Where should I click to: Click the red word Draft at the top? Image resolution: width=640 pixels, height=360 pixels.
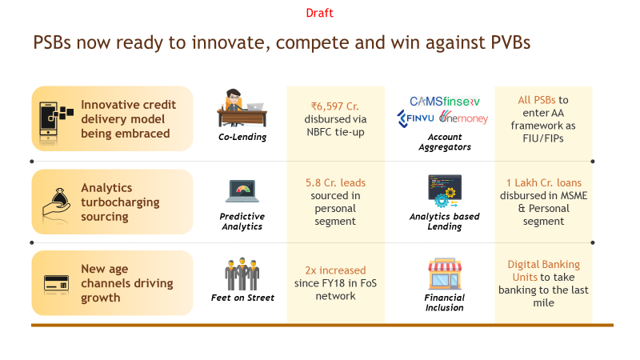[x=319, y=14]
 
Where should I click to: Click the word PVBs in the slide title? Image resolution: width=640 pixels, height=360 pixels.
[x=502, y=43]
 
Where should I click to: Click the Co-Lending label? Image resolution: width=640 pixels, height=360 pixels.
[x=242, y=137]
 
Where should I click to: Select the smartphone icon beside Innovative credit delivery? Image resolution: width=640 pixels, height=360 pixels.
[x=54, y=118]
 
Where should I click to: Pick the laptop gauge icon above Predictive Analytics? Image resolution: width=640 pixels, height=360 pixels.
[x=242, y=191]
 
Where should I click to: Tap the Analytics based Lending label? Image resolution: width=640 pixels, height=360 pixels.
[x=444, y=221]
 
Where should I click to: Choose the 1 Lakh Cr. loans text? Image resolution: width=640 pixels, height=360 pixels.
[x=543, y=183]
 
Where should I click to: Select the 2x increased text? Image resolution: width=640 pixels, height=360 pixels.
[x=336, y=270]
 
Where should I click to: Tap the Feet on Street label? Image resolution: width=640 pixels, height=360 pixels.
[x=242, y=298]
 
